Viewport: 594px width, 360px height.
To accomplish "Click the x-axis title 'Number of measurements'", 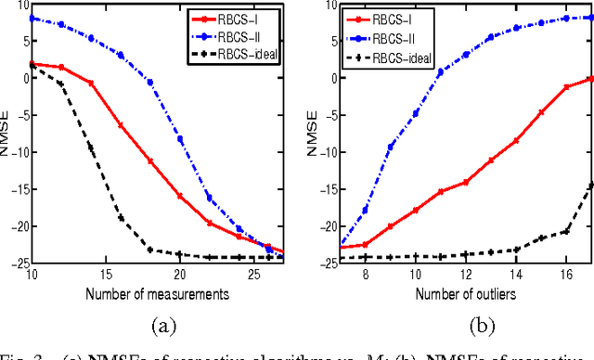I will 154,294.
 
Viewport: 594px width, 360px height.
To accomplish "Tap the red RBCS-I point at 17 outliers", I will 590,79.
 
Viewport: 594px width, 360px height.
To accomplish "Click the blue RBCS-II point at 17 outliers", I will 590,17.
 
